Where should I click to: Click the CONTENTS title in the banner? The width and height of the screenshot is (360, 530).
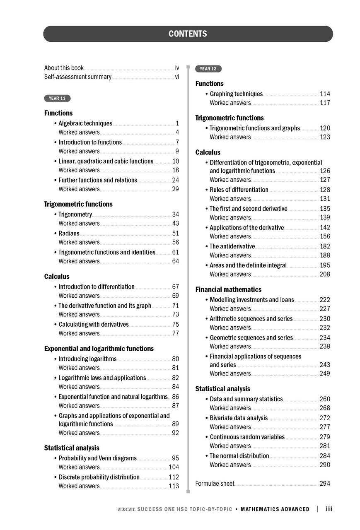(x=188, y=34)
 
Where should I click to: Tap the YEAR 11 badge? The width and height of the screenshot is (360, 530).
(x=57, y=99)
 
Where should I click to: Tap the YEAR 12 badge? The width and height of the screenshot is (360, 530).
(x=208, y=69)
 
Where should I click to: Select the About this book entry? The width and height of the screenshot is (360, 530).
(x=64, y=68)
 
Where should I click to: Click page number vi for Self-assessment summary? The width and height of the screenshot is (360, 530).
(x=177, y=77)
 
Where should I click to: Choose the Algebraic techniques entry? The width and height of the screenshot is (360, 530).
(x=85, y=123)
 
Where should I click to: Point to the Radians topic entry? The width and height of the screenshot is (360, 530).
(x=69, y=234)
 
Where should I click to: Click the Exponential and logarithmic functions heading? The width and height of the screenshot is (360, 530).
(x=99, y=349)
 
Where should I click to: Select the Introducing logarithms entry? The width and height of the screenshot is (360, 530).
(x=87, y=359)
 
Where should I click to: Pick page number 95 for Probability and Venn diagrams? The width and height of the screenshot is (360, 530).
(x=176, y=458)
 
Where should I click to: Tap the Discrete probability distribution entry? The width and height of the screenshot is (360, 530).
(x=99, y=477)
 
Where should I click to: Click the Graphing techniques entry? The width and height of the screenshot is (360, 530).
(x=236, y=94)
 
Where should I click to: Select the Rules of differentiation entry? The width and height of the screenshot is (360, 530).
(x=239, y=190)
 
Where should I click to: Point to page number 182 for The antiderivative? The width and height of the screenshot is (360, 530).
(x=325, y=246)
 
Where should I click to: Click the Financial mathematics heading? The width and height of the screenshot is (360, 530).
(x=228, y=289)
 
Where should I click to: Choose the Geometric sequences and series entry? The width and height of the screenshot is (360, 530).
(x=251, y=338)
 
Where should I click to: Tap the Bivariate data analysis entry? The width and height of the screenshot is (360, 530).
(x=239, y=418)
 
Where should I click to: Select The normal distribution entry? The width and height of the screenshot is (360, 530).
(x=239, y=456)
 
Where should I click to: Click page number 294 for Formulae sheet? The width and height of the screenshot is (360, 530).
(x=325, y=484)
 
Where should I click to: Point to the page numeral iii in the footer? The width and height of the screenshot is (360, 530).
(x=329, y=509)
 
